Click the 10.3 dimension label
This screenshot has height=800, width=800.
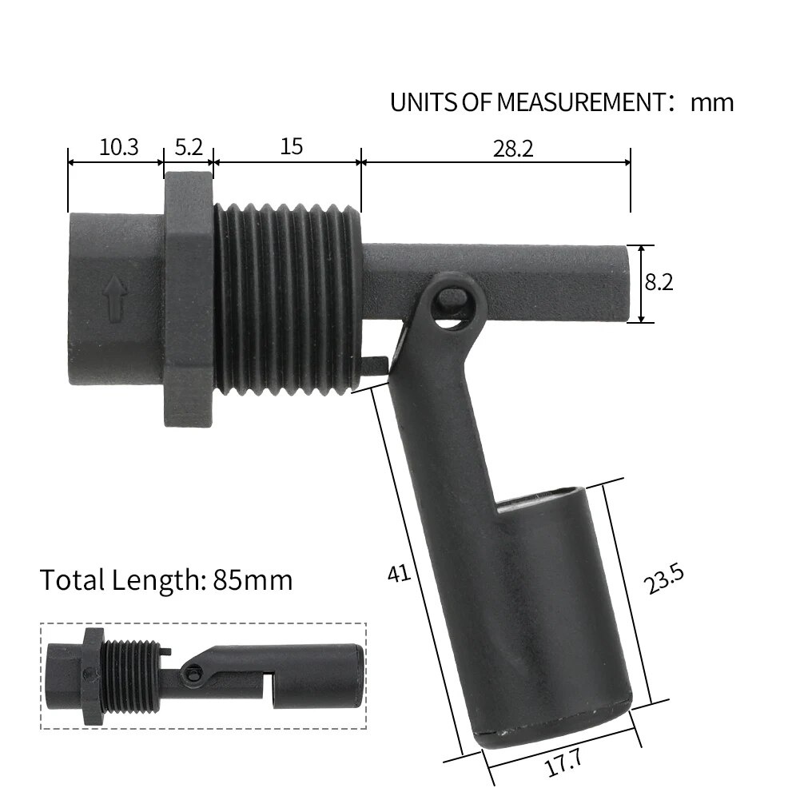(x=118, y=147)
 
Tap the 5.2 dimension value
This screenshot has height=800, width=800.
(x=189, y=147)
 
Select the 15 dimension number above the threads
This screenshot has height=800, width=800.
(x=292, y=147)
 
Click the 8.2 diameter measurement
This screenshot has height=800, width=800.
(x=659, y=283)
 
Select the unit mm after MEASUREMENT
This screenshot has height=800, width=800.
(x=711, y=102)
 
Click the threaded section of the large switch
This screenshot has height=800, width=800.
(x=288, y=296)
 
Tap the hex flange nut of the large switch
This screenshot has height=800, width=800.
(x=189, y=297)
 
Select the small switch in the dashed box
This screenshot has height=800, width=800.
(x=204, y=675)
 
